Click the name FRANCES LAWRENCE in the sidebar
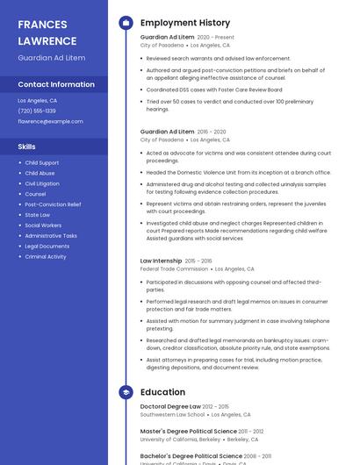[47, 32]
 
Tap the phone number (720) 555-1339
[37, 111]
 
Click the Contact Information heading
[56, 85]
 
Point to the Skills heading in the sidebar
[27, 147]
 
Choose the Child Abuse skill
[40, 174]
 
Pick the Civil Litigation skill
[42, 184]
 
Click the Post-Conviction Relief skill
[53, 204]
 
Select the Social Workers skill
[43, 225]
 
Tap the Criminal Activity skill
[46, 257]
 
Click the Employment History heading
[185, 23]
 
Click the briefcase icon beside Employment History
[126, 23]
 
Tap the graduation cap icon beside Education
[126, 392]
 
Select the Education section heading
[162, 392]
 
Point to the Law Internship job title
[162, 261]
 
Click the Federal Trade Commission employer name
[174, 269]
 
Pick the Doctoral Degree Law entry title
[170, 407]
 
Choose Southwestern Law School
[172, 415]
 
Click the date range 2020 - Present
[215, 38]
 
